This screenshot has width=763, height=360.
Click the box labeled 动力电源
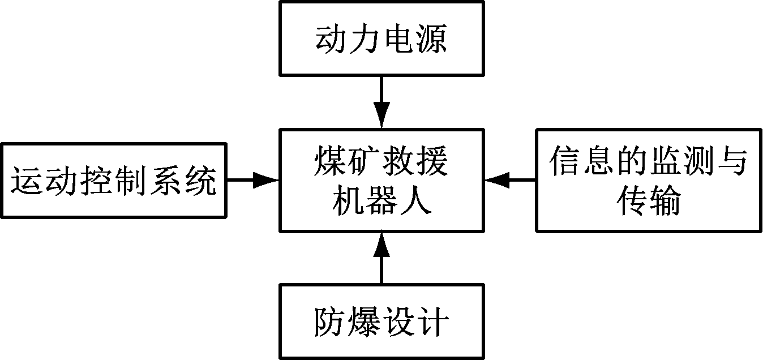point(381,38)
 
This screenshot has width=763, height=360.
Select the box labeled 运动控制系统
point(114,180)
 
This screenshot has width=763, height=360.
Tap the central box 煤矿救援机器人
point(381,180)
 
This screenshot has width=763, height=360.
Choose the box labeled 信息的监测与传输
point(649,180)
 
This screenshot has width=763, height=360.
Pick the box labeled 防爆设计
point(381,322)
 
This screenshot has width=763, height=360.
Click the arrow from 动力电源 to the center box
point(381,102)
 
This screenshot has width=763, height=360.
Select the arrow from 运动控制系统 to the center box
point(252,180)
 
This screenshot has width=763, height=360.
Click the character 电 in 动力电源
point(398,40)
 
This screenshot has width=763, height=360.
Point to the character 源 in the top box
point(431,40)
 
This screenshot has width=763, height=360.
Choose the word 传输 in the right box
point(648,200)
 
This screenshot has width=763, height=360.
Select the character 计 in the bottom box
point(432,323)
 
